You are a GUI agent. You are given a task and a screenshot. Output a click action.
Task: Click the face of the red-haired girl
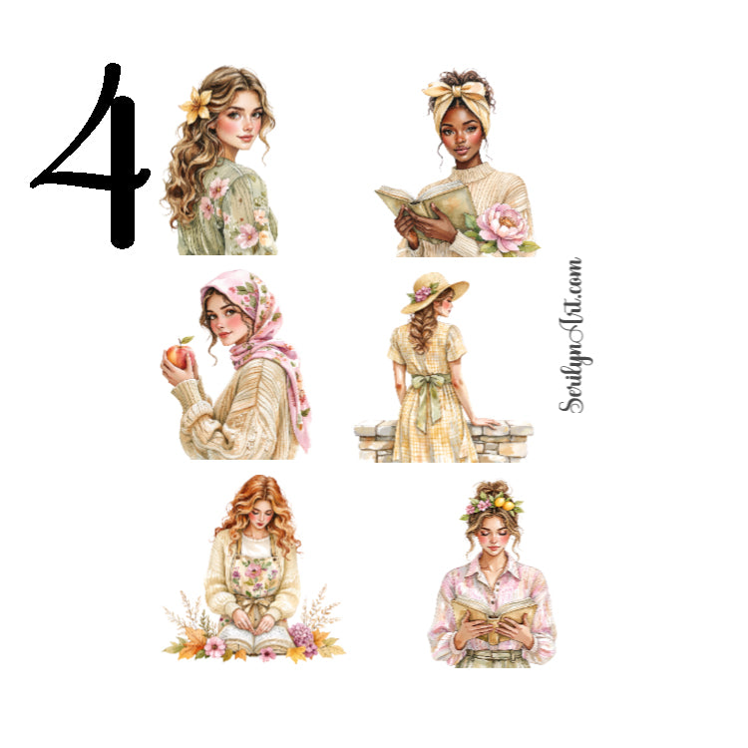pos(250,520)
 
